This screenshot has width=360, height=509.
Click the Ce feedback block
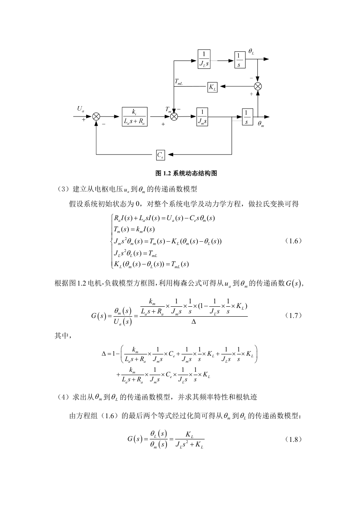160,155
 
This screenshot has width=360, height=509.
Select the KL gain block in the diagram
213,87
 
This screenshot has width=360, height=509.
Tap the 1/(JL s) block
204,59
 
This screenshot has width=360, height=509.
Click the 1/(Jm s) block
202,117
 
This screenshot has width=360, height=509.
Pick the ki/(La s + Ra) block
135,117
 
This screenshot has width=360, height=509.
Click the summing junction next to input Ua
96,117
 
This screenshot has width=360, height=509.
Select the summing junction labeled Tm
174,117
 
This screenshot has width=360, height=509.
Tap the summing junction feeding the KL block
258,86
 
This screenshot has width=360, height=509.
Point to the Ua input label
81,109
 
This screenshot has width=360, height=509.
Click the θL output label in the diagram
251,51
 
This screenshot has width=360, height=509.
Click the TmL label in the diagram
179,82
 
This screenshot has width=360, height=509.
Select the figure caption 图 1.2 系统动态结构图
186,173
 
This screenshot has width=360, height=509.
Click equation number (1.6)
293,241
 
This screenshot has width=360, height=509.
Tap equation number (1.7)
293,315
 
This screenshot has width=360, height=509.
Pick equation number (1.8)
293,439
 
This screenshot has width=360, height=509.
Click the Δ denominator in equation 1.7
193,322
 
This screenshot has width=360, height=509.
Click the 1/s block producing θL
240,60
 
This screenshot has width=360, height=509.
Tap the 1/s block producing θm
247,117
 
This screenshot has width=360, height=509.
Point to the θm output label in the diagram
261,124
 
